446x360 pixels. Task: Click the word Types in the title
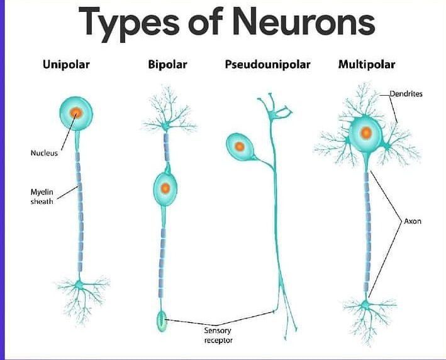coord(129,23)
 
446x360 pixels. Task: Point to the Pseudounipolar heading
coord(267,64)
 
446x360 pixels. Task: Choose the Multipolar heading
coord(367,64)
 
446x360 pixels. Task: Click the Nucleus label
coord(44,152)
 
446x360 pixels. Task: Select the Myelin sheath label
coord(42,196)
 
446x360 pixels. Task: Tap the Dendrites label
coord(406,94)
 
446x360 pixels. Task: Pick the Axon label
coord(413,222)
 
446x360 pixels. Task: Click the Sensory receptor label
coord(218,335)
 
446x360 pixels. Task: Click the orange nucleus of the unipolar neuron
coord(76,113)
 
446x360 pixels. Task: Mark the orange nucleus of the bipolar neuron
coord(165,188)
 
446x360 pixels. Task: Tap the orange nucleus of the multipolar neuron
coord(365,133)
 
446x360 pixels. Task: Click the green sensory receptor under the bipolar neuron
coord(163,322)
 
